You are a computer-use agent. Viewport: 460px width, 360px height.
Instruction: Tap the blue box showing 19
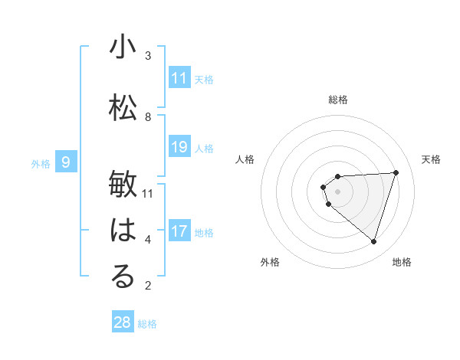179,147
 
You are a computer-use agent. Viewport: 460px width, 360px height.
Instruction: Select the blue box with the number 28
123,322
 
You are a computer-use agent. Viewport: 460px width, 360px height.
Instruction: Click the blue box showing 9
66,162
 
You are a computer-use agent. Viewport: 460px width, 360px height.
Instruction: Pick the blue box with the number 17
179,231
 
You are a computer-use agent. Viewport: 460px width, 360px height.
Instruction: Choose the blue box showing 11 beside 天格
179,78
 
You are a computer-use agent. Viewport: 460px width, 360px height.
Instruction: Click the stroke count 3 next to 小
148,56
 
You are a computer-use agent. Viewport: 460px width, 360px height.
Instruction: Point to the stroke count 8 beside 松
148,117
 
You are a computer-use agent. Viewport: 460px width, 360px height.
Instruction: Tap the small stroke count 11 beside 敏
148,194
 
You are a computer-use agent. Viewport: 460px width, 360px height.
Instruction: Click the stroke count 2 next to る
148,286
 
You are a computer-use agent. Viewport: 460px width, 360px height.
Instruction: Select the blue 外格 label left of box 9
41,163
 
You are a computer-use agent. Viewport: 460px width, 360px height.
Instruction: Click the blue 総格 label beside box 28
147,324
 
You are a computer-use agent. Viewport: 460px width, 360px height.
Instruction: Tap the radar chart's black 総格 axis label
337,100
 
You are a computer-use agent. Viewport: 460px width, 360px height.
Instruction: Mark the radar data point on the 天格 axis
396,172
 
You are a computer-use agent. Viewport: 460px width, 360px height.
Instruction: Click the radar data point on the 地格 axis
373,242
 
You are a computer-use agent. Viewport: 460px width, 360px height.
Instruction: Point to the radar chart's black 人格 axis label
245,159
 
